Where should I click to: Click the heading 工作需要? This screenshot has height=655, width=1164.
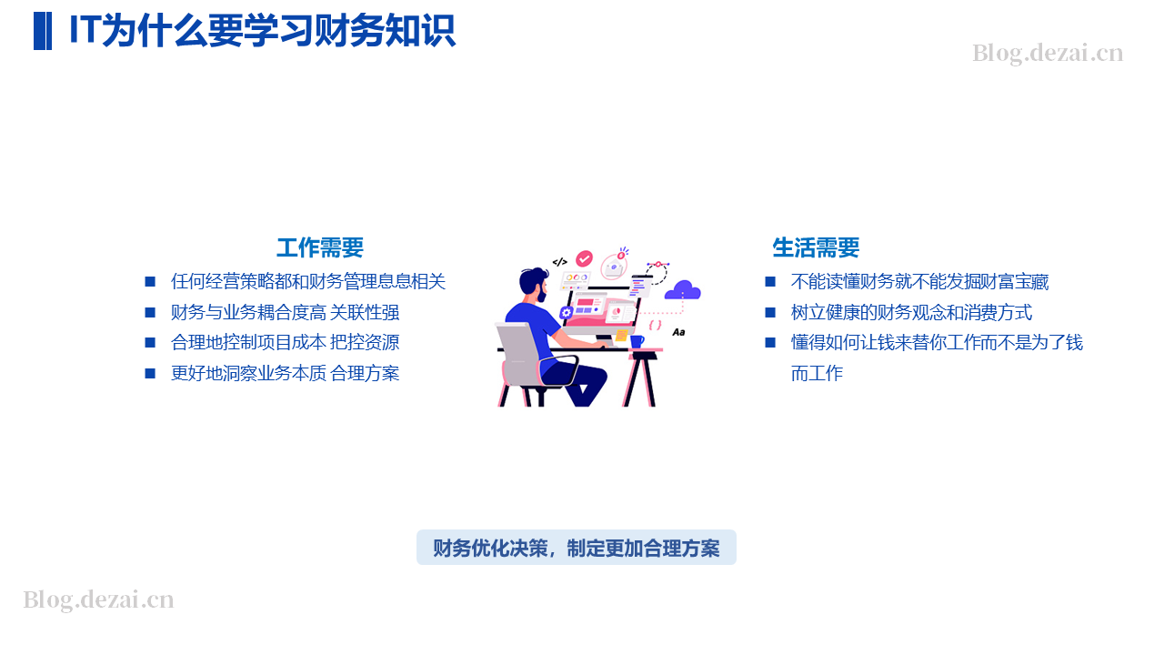pyautogui.click(x=319, y=248)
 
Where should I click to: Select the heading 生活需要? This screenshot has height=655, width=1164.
pyautogui.click(x=816, y=248)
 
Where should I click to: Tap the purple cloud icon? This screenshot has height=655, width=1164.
pyautogui.click(x=683, y=290)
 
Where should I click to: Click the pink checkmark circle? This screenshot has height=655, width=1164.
pyautogui.click(x=584, y=258)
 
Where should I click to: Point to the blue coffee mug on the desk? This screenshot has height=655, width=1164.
pyautogui.click(x=637, y=341)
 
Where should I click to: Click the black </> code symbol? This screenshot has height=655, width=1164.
pyautogui.click(x=559, y=262)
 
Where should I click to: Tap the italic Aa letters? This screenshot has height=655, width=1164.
pyautogui.click(x=678, y=332)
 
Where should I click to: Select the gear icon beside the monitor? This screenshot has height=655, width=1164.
pyautogui.click(x=566, y=312)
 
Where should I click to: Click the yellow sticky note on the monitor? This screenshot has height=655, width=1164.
pyautogui.click(x=621, y=336)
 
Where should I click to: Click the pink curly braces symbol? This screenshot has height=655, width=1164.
pyautogui.click(x=656, y=326)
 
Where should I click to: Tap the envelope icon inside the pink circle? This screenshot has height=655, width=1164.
pyautogui.click(x=614, y=267)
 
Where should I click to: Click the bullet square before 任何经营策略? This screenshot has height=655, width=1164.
pyautogui.click(x=150, y=282)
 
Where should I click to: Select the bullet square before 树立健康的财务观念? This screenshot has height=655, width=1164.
pyautogui.click(x=770, y=312)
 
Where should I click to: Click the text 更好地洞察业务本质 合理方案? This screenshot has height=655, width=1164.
pyautogui.click(x=285, y=373)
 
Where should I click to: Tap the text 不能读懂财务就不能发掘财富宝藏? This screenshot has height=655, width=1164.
pyautogui.click(x=919, y=282)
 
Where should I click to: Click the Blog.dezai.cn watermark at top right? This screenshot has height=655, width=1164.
pyautogui.click(x=1048, y=54)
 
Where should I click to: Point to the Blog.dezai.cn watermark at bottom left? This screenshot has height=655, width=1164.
pyautogui.click(x=98, y=600)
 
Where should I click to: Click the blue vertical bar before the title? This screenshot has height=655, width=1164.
pyautogui.click(x=43, y=31)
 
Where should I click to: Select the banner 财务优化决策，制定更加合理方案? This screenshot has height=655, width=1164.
pyautogui.click(x=577, y=548)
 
